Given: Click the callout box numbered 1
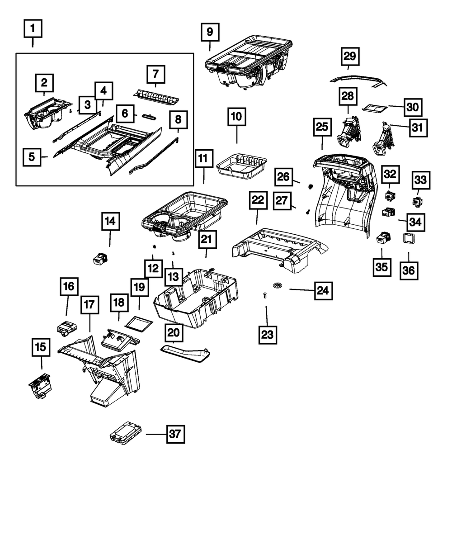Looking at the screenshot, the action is pyautogui.click(x=33, y=28).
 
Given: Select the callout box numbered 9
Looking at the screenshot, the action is pyautogui.click(x=210, y=32).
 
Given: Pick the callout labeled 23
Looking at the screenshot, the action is pyautogui.click(x=268, y=335).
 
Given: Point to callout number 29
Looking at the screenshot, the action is pyautogui.click(x=350, y=56).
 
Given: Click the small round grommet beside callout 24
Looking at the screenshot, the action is pyautogui.click(x=277, y=285).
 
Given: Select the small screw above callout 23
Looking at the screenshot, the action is pyautogui.click(x=265, y=296).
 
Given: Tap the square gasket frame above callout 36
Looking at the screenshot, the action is pyautogui.click(x=409, y=238).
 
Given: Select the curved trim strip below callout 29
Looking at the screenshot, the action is pyautogui.click(x=358, y=80).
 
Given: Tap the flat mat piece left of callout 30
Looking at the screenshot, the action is pyautogui.click(x=374, y=108).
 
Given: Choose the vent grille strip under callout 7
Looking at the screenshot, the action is pyautogui.click(x=156, y=98).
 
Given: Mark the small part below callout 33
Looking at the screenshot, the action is pyautogui.click(x=417, y=202).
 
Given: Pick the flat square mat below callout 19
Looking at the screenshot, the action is pyautogui.click(x=139, y=324).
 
